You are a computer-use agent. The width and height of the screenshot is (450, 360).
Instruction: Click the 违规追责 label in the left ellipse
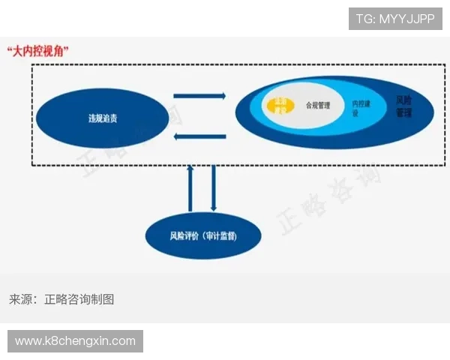pos(102,118)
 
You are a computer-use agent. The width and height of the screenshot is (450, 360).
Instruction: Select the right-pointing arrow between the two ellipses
pos(199,95)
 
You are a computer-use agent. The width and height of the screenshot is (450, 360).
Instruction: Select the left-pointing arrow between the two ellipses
pos(199,136)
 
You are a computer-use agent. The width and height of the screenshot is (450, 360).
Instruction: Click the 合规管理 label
pos(317,106)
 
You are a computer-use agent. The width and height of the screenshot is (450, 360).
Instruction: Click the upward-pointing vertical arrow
pos(190,187)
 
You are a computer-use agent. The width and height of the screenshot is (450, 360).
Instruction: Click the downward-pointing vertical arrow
pos(214,187)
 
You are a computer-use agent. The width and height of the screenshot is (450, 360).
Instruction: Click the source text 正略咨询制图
pos(79,298)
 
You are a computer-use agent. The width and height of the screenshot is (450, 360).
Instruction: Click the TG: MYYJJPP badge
pos(395,19)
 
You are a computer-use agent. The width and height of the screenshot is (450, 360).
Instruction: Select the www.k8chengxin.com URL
pos(75,341)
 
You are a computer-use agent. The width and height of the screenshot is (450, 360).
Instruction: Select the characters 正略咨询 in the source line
pos(67,298)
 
